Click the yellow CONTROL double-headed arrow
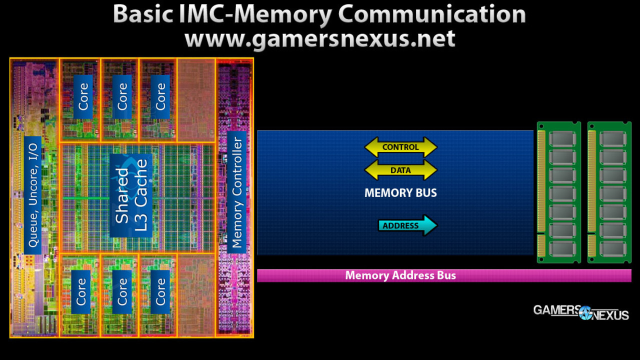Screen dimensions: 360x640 click(x=400, y=147)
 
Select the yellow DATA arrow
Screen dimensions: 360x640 click(x=400, y=170)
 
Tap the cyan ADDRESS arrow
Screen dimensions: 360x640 click(x=407, y=225)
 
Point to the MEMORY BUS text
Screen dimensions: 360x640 click(x=400, y=193)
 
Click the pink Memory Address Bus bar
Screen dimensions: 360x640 click(x=444, y=275)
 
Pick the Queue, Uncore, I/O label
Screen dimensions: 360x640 click(x=32, y=195)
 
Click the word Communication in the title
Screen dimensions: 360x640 click(x=432, y=15)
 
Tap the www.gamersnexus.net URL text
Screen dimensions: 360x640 click(x=320, y=38)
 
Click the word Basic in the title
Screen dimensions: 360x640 click(x=143, y=15)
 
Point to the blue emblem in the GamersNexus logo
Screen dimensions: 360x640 click(x=585, y=313)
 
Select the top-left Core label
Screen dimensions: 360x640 click(x=83, y=97)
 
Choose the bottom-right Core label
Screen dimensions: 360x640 click(x=160, y=292)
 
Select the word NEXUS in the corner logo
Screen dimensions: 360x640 click(x=610, y=315)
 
